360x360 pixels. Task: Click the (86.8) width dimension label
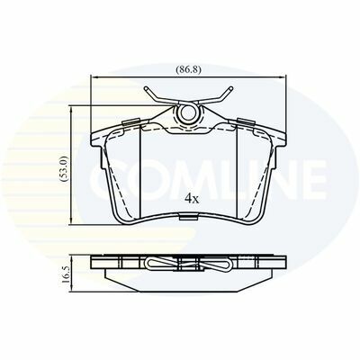pos(188,69)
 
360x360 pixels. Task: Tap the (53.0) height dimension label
pos(65,168)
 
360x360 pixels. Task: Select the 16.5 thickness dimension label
pos(67,273)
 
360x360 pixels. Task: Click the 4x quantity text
pos(192,198)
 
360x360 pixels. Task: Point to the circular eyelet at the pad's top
pos(188,112)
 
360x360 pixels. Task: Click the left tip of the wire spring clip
pos(146,88)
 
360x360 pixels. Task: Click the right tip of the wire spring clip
pos(230,88)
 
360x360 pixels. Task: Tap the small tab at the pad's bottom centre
pos(188,217)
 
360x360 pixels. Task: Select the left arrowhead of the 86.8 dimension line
pos(94,77)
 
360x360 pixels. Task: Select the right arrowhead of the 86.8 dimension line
pos(283,77)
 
